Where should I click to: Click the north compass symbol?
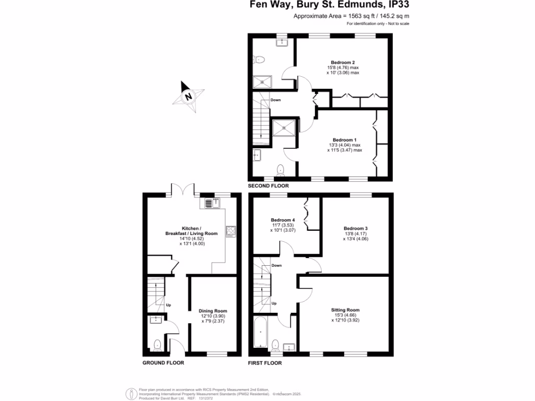point(189,96)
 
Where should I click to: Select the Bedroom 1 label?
point(344,140)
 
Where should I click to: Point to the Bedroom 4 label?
point(283,220)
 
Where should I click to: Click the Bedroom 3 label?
point(355,229)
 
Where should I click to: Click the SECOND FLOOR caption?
point(268,186)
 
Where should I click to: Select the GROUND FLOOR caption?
point(163,363)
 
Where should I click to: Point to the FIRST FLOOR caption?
point(264,363)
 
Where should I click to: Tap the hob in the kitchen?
point(230,231)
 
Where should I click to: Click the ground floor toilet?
point(157,344)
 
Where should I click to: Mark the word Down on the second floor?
point(276,100)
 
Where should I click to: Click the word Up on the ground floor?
point(168,305)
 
